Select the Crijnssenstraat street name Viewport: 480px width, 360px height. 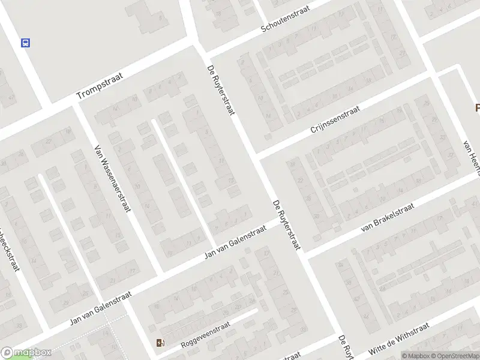335,121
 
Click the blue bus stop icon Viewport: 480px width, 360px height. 26,43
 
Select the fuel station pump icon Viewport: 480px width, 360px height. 160,343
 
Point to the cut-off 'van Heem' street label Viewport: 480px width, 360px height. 472,157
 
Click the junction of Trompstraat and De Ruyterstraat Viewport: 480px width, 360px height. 197,48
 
